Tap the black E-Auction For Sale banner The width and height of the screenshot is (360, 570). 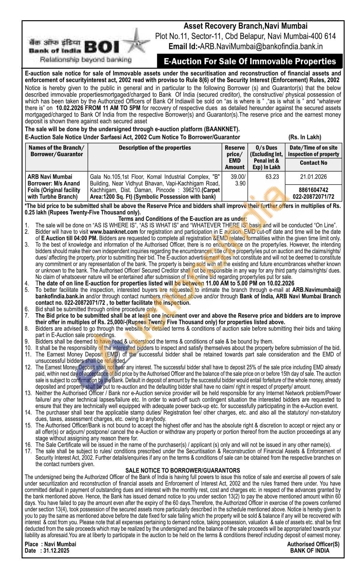coord(250,62)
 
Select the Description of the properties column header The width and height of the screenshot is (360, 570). coord(155,148)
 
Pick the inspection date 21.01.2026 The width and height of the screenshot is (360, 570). coord(314,177)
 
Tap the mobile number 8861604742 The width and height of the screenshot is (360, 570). coord(314,190)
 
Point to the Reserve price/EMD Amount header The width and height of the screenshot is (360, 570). coord(235,157)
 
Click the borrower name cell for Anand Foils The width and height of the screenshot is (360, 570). coord(54,187)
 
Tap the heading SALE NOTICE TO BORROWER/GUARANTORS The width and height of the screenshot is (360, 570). coord(183,471)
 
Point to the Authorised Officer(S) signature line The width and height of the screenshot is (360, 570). coord(313,544)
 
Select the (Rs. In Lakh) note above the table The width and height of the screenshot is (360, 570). coord(305,137)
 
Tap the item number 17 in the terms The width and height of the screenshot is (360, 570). coord(28,451)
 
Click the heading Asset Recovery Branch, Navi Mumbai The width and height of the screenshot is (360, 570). coord(245,26)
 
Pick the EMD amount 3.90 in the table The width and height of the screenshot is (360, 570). coord(236,184)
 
